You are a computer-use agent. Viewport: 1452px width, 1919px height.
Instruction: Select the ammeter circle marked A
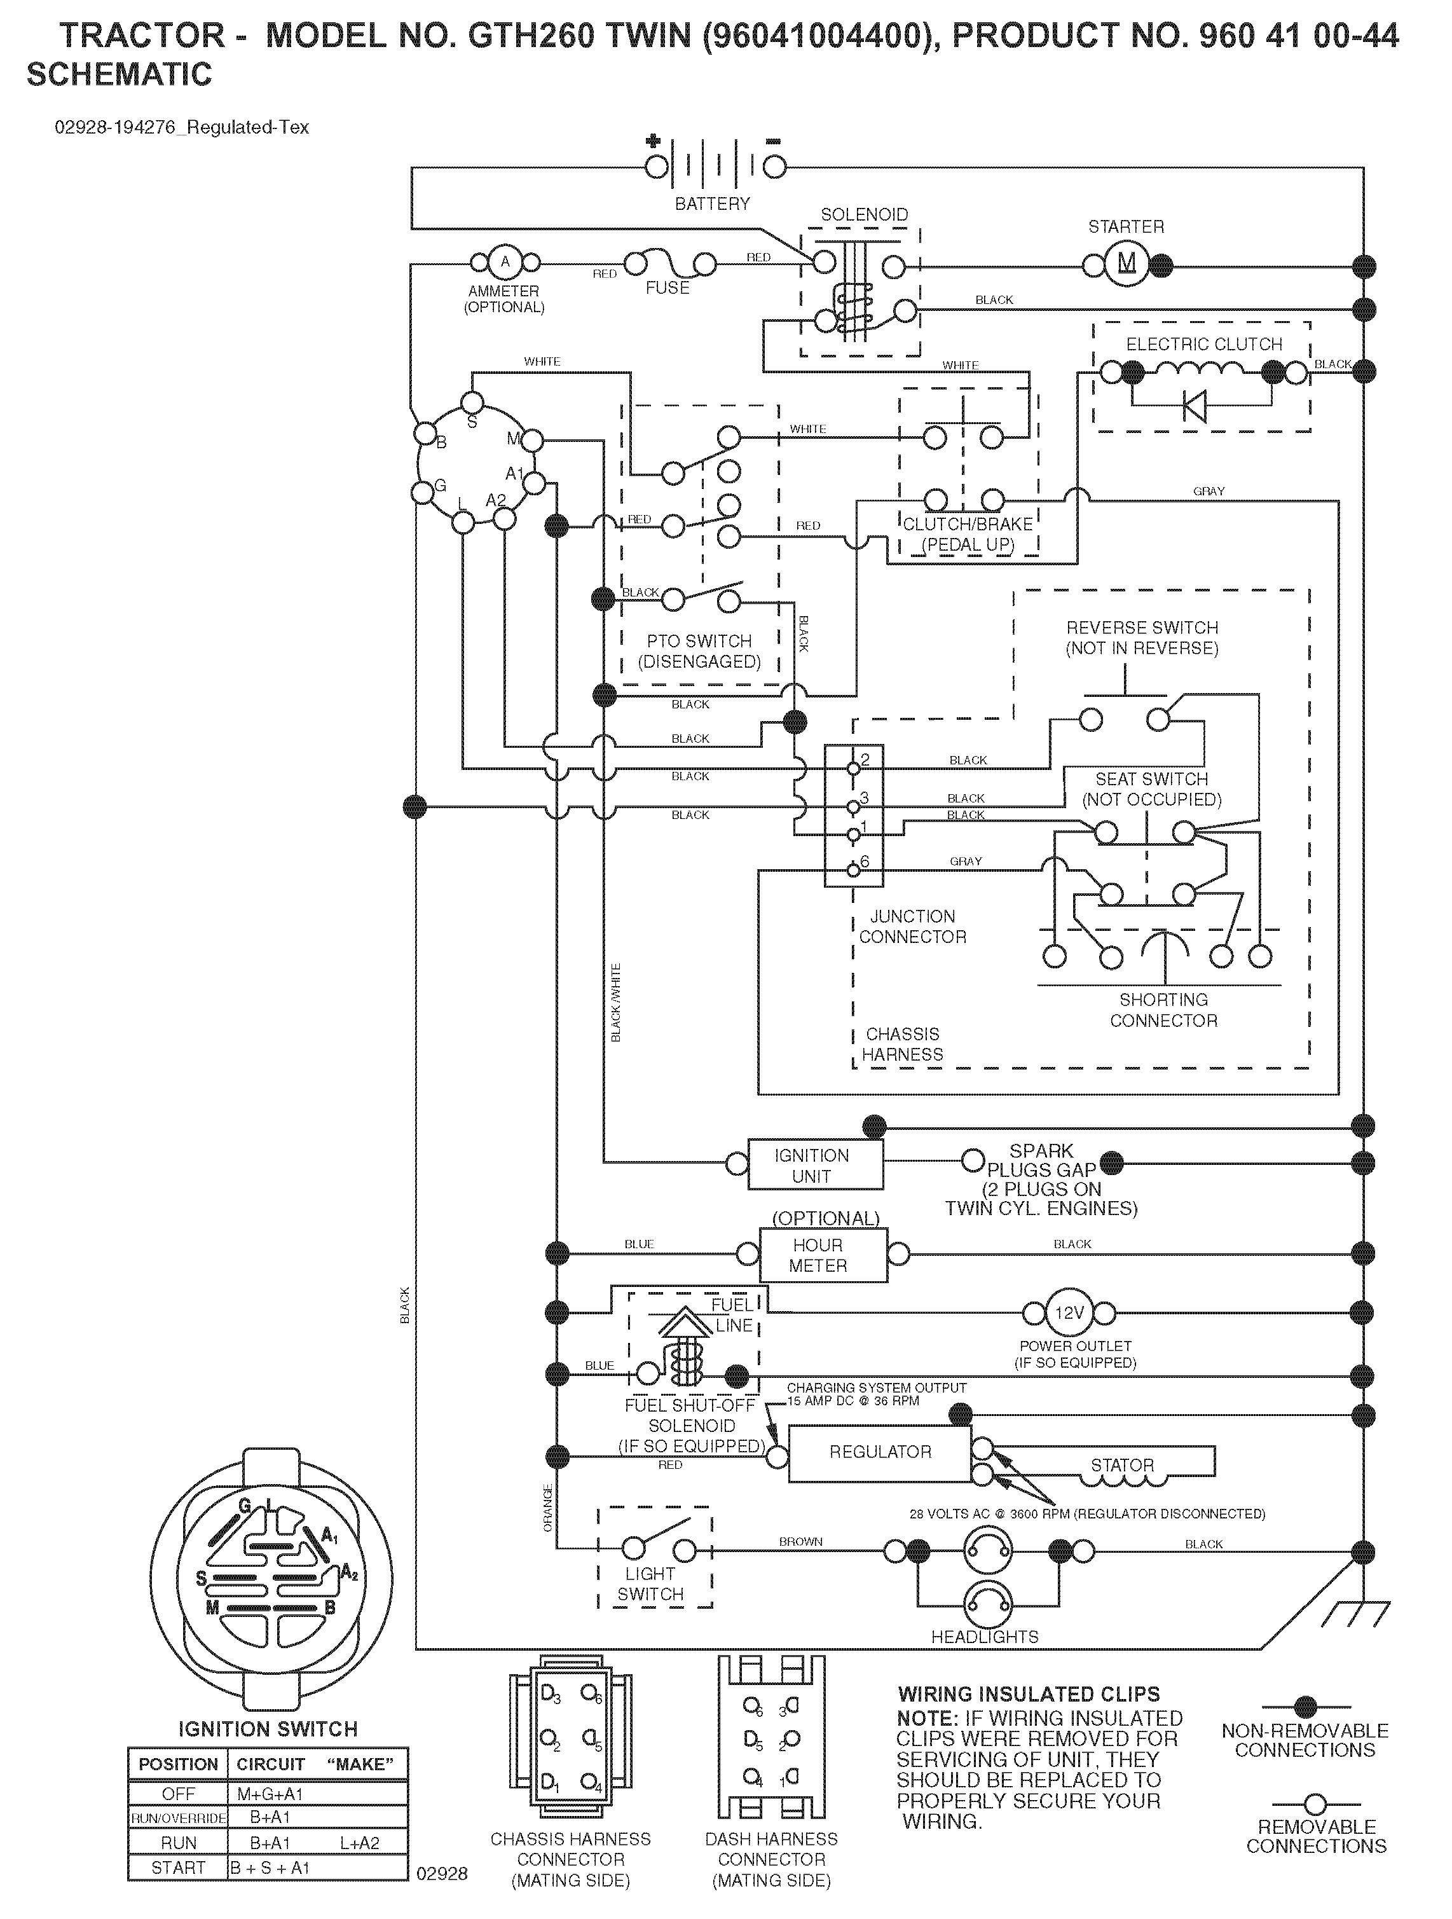[505, 262]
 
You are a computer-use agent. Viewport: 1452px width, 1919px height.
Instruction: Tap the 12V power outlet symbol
[1069, 1312]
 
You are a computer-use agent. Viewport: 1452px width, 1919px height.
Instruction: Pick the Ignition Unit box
[811, 1165]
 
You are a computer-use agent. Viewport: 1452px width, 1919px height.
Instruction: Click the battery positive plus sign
[653, 141]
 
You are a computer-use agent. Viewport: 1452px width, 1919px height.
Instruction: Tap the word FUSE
[667, 288]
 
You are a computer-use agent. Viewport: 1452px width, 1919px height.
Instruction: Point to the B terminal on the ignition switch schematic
[425, 432]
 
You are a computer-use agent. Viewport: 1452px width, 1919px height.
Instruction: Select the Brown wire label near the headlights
[800, 1541]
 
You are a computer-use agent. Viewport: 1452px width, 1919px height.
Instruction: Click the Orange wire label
[547, 1507]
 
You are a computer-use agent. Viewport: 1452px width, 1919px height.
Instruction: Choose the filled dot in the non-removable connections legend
[1305, 1707]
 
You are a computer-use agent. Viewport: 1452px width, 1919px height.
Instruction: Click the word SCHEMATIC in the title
[119, 74]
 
